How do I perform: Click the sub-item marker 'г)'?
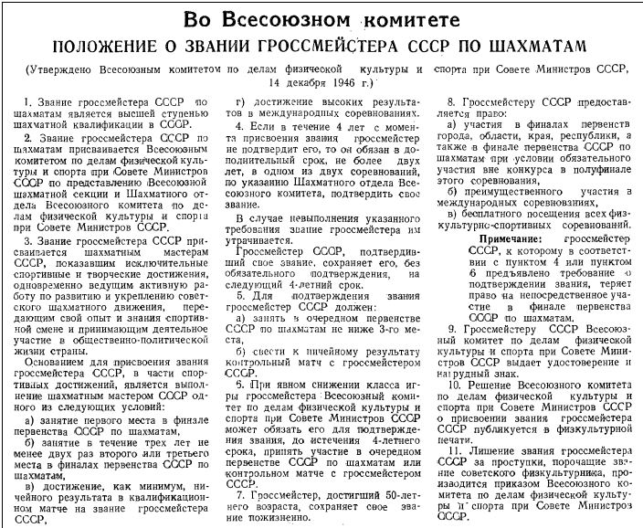241,102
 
